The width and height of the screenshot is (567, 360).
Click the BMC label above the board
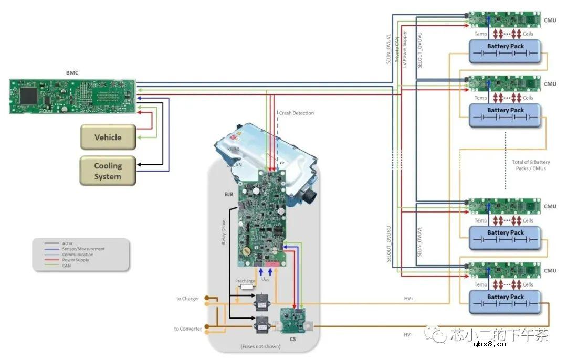point(72,72)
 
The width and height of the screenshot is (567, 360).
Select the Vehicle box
point(108,137)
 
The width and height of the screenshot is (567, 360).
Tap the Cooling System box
point(108,171)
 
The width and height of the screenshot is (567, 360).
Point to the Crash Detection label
point(296,113)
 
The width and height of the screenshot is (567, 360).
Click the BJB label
point(228,194)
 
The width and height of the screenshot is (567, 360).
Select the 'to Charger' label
point(187,299)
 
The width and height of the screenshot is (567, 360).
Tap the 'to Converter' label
point(187,329)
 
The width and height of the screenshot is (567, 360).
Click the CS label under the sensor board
point(292,340)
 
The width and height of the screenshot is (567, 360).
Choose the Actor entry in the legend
point(67,243)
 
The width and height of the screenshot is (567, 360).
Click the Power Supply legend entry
point(75,260)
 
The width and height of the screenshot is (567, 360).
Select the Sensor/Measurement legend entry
point(83,249)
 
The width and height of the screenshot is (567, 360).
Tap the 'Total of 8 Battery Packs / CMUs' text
point(531,165)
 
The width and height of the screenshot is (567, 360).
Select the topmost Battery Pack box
point(505,51)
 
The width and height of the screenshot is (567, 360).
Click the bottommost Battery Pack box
point(505,302)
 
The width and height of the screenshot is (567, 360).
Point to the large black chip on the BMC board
point(28,96)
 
